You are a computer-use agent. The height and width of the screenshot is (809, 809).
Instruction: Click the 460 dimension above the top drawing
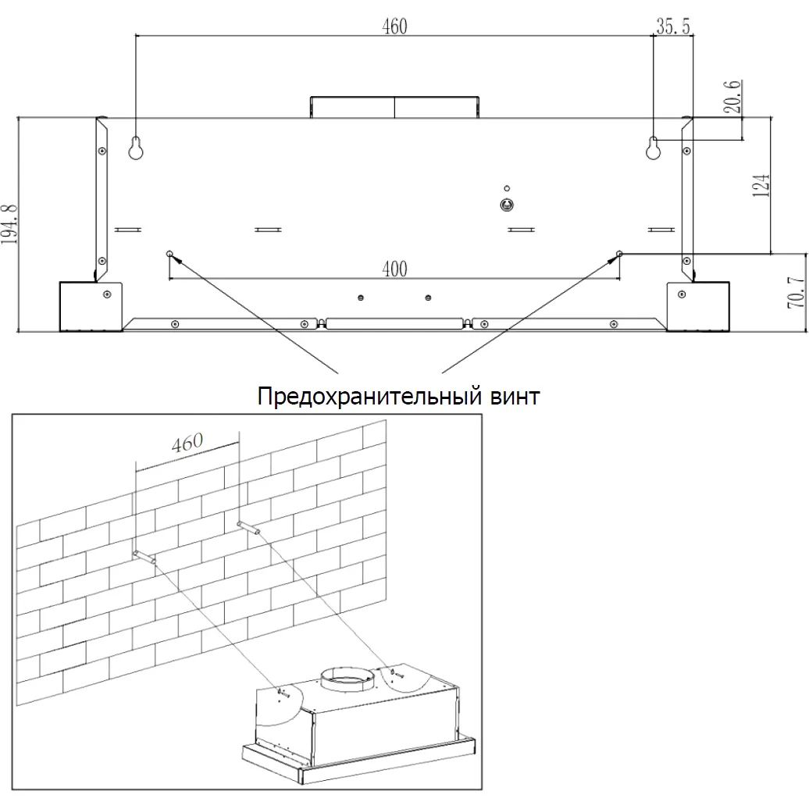pos(394,27)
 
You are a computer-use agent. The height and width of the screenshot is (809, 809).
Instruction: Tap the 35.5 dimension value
pos(673,26)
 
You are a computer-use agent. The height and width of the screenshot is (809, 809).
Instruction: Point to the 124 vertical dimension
pos(761,185)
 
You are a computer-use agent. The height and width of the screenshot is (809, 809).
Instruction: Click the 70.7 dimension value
pos(797,292)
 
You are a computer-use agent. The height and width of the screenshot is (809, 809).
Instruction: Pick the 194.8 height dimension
pos(9,224)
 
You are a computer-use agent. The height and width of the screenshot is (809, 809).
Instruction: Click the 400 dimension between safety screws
pos(394,269)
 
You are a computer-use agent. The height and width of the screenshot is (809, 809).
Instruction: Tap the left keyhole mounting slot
pos(136,148)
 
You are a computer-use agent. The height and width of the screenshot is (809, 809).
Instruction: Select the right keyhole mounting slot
pos(653,148)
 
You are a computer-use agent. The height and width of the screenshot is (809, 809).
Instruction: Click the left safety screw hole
pos(169,253)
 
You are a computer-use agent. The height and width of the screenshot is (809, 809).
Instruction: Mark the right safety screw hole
pos(620,253)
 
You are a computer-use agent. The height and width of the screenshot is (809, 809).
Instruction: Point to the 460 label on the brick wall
pos(187,443)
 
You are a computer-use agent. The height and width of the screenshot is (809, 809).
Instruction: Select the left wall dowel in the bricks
pos(144,557)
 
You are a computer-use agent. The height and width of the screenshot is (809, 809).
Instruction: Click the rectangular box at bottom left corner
pos(91,306)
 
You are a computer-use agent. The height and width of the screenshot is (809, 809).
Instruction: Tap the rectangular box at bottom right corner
pos(698,306)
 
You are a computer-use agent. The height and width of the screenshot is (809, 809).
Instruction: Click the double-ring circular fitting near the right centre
pos(507,205)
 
